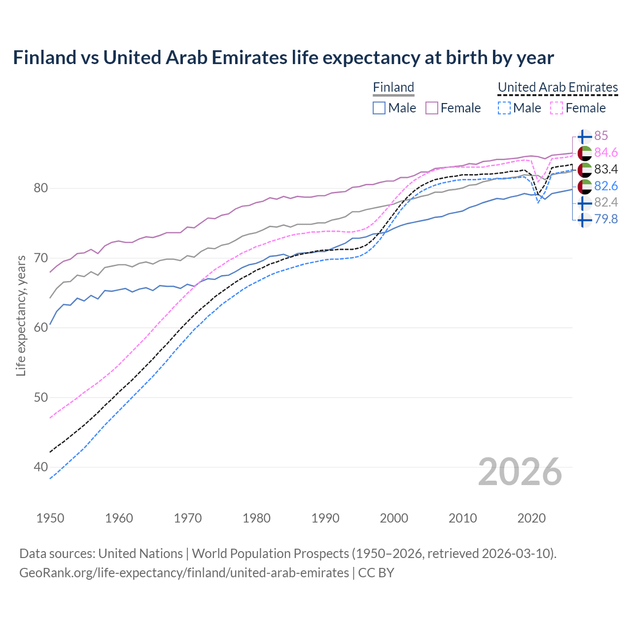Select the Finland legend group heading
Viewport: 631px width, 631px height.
pos(393,87)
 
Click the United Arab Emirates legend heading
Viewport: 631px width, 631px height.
pos(558,87)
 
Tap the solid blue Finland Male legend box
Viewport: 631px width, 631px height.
pos(379,108)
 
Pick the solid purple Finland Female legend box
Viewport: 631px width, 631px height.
pos(432,108)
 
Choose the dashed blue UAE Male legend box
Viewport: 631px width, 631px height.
pos(504,108)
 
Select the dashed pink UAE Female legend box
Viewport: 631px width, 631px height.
pos(557,108)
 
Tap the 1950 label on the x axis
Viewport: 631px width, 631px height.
pos(50,518)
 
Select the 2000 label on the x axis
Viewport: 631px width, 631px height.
pos(394,518)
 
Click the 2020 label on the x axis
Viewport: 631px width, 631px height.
pos(531,518)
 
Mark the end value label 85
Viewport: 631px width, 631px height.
pos(601,136)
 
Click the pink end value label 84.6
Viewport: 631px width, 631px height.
pos(606,153)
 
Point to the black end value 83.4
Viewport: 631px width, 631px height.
pos(606,170)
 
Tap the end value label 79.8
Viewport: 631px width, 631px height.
pos(606,219)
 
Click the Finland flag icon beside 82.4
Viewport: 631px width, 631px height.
pos(585,203)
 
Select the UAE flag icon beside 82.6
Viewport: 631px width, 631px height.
pos(585,186)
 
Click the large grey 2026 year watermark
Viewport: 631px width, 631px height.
pos(520,472)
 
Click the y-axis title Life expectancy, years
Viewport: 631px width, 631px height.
pos(21,315)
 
